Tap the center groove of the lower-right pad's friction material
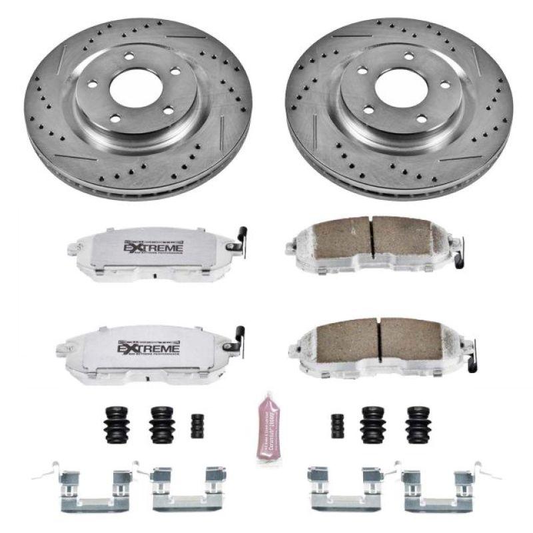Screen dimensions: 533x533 pos(379,340)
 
